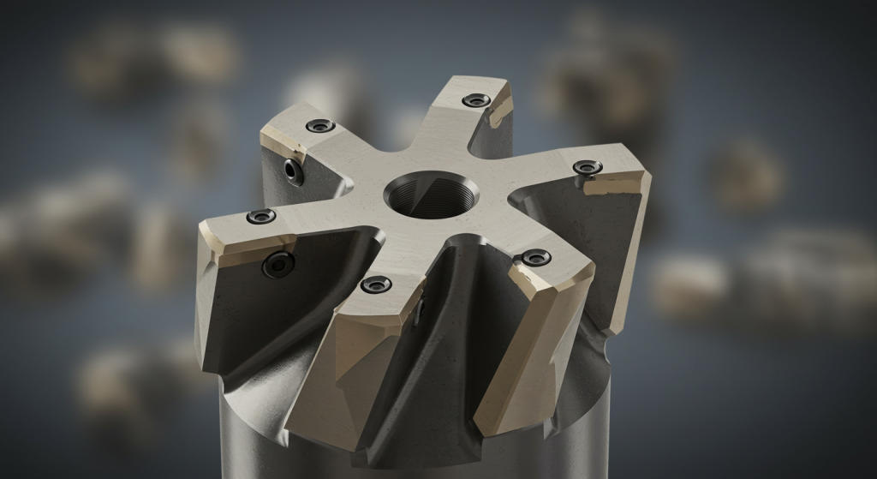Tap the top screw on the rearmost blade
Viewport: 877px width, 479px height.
pos(476,100)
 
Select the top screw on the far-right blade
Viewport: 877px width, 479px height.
pos(587,167)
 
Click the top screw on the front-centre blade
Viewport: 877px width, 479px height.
pos(376,284)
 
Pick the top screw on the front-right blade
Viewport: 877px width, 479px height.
pos(535,257)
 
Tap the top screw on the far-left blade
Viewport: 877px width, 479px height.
pos(261,216)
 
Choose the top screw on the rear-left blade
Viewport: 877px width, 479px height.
pos(320,125)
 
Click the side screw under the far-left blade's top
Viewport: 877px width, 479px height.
pos(278,264)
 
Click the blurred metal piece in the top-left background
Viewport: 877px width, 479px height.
pos(154,60)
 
